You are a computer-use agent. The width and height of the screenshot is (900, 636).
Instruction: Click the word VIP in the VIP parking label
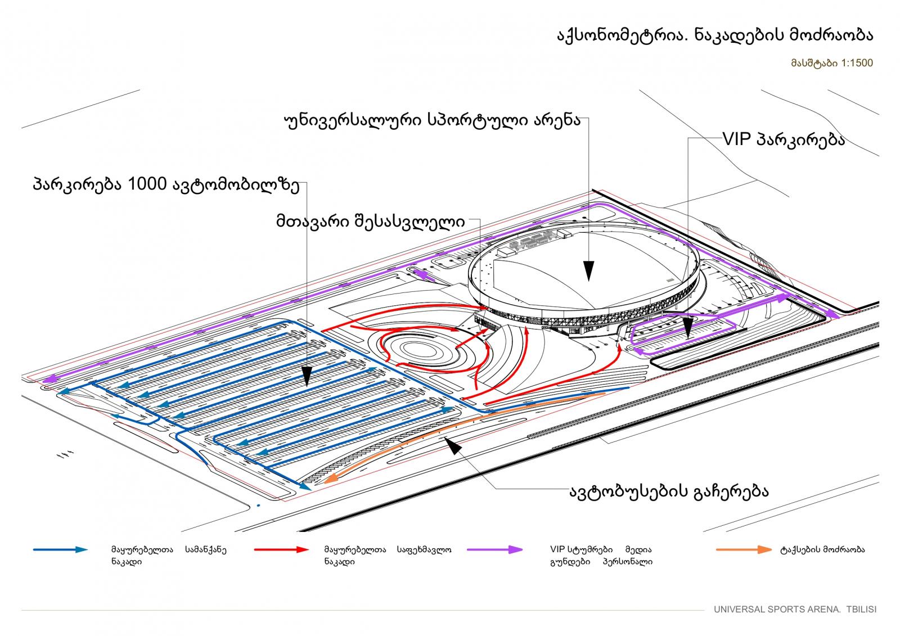point(737,139)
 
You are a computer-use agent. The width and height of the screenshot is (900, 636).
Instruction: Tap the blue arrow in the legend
point(60,549)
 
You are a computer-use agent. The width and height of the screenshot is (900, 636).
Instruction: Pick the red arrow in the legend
point(281,549)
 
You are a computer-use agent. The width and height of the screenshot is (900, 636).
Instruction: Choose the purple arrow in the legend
point(494,549)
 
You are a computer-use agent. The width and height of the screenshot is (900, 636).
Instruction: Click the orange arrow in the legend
point(744,549)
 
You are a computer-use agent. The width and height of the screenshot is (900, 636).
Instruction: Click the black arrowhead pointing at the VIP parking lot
point(688,328)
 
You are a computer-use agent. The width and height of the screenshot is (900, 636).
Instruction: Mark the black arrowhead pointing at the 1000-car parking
point(307,376)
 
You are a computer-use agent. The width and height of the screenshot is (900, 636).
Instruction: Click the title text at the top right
point(715,36)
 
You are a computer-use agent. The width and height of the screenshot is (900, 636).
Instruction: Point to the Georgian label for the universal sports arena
point(433,120)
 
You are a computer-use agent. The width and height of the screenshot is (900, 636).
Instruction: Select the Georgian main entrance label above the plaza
point(371,222)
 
